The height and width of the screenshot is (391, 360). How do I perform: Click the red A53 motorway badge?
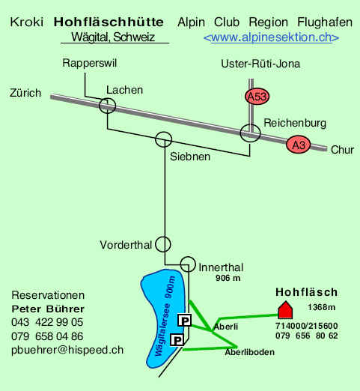coord(257,97)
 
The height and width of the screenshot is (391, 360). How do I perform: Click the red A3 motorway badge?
coord(299,145)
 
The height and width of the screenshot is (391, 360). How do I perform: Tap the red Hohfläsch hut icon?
coord(285,310)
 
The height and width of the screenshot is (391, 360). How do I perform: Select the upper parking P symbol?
coord(184,321)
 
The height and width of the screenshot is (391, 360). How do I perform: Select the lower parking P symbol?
coord(177,340)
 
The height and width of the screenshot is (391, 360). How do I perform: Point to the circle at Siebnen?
coord(156,139)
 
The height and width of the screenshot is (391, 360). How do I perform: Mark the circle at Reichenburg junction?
coord(241,133)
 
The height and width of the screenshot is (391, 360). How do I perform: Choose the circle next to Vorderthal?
coord(156,244)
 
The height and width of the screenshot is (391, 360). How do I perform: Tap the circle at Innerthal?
coord(180,264)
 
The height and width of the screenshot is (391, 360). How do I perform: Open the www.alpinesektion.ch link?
coord(271,37)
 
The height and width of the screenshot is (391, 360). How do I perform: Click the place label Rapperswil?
coord(90,63)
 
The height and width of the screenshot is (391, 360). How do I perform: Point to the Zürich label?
coord(25,93)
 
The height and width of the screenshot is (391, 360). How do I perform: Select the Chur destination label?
coord(342,150)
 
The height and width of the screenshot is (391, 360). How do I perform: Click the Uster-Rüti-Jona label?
coord(260,64)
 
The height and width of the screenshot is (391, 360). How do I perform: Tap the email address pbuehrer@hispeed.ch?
coord(67,350)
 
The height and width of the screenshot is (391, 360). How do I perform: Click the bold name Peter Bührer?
coord(48,309)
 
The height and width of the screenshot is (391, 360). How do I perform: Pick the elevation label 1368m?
coord(321,307)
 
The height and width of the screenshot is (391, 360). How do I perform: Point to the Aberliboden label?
coord(249,352)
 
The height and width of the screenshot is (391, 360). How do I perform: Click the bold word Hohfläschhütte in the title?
coord(109,22)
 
